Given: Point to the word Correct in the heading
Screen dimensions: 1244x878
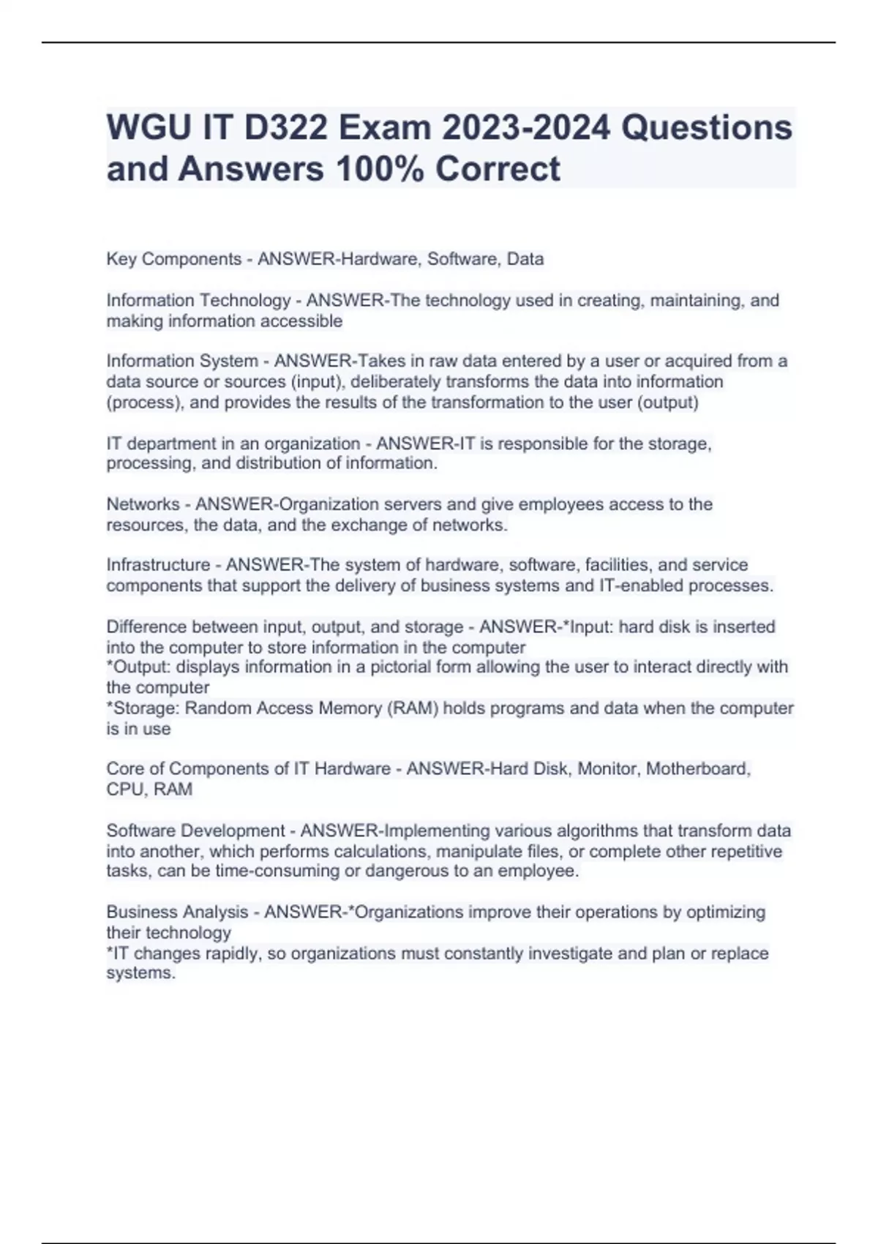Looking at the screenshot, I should click(498, 169).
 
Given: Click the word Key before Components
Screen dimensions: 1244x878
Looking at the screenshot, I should click(121, 259).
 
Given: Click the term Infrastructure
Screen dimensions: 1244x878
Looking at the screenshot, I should click(158, 565).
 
